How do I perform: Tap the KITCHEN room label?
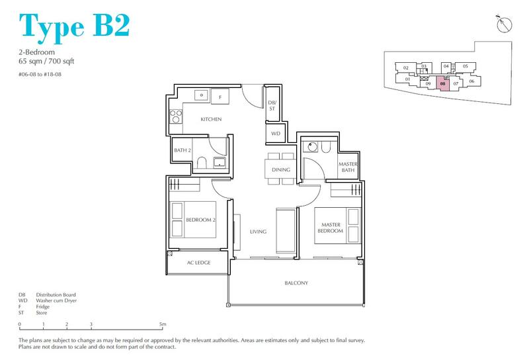pyautogui.click(x=211, y=119)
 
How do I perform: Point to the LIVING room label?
pyautogui.click(x=258, y=232)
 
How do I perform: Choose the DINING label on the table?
pyautogui.click(x=281, y=170)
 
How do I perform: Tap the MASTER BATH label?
pyautogui.click(x=348, y=168)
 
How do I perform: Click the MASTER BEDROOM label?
pyautogui.click(x=329, y=227)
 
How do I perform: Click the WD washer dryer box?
pyautogui.click(x=276, y=133)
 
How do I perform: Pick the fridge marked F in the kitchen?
pyautogui.click(x=220, y=97)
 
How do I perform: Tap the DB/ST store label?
pyautogui.click(x=272, y=105)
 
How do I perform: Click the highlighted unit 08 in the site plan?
pyautogui.click(x=442, y=84)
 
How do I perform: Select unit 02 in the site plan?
pyautogui.click(x=406, y=68)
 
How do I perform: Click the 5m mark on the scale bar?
pyautogui.click(x=163, y=324)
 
